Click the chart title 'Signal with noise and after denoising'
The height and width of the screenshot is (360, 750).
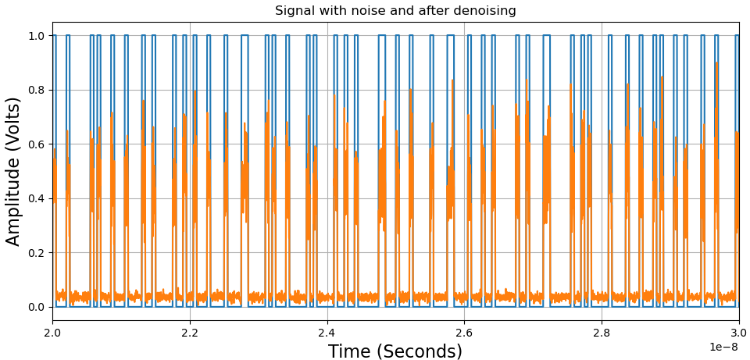(x=395, y=11)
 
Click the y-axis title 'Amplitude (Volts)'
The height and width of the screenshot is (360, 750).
(x=14, y=171)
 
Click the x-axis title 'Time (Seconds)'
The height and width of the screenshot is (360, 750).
(x=395, y=351)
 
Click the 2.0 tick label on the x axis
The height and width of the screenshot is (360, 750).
(x=52, y=333)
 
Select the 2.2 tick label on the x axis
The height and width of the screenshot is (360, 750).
(x=190, y=333)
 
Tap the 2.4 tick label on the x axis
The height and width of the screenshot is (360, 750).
(x=327, y=333)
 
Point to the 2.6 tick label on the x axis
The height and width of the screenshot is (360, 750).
(x=464, y=333)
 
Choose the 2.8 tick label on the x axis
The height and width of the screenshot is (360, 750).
(x=602, y=333)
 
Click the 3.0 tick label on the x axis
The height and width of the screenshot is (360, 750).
(x=739, y=333)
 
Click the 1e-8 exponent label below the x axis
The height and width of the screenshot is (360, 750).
(x=725, y=347)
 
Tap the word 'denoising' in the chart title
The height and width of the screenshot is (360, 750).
(x=486, y=11)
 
